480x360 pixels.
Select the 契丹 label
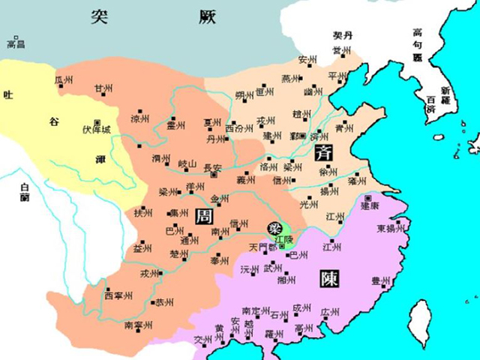click(343, 35)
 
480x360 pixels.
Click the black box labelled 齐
click(325, 152)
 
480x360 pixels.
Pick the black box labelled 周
click(203, 217)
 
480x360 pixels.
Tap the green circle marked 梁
click(275, 227)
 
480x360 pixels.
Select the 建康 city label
click(371, 204)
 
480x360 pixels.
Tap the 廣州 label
click(329, 311)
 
